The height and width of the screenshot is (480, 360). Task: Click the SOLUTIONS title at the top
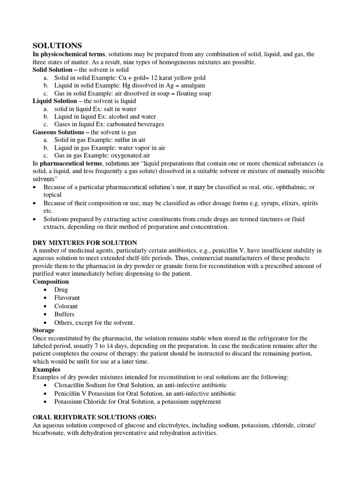tap(57, 45)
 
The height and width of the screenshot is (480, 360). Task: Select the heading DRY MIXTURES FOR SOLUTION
tap(85, 242)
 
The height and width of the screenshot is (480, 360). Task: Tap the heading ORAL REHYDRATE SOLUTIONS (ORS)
tap(94, 417)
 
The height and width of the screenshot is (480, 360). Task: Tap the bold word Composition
tap(51, 282)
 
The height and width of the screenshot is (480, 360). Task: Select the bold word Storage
tap(44, 330)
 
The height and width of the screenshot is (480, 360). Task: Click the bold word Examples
tap(46, 369)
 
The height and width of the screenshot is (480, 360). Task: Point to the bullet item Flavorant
tap(67, 298)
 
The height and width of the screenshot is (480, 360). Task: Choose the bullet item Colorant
tap(66, 306)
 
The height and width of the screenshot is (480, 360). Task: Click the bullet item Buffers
tap(64, 314)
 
